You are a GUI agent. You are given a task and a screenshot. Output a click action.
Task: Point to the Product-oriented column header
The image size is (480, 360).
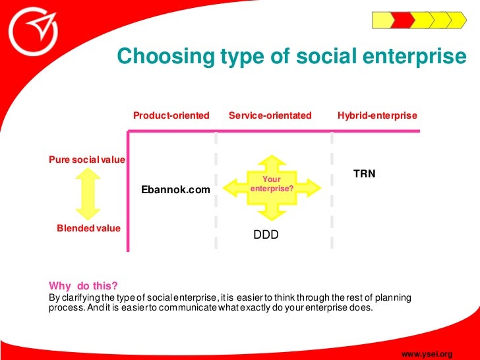(x=171, y=115)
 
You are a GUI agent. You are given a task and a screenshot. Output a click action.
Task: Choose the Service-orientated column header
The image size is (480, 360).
(x=270, y=115)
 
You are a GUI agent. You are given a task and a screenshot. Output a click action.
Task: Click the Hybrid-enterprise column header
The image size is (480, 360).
(x=377, y=115)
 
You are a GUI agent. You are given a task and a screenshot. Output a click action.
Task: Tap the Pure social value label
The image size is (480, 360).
(x=87, y=160)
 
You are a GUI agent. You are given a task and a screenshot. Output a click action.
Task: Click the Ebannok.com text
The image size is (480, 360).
(x=176, y=190)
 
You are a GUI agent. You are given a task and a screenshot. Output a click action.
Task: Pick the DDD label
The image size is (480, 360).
(x=266, y=234)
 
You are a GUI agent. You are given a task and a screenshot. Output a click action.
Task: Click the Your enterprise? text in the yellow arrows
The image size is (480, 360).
(x=272, y=184)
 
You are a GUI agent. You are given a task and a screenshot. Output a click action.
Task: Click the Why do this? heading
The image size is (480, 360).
(x=83, y=285)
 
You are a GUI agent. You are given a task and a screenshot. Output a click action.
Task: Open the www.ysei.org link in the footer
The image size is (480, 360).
(x=427, y=354)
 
